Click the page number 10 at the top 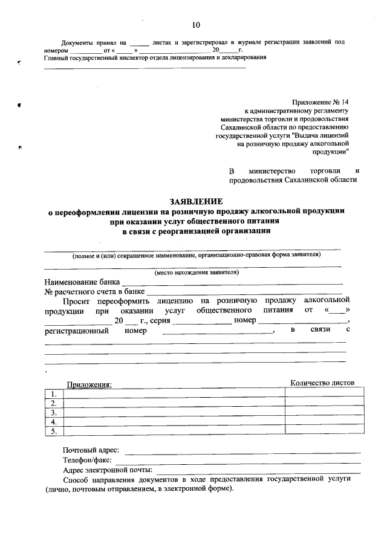(195, 25)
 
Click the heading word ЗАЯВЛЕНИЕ (196, 201)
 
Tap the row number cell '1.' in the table (54, 393)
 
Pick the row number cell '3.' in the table (54, 412)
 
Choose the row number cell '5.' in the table (54, 432)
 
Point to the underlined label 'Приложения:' (89, 384)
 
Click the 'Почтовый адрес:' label (91, 450)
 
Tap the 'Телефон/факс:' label (87, 460)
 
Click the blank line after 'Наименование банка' (232, 282)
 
